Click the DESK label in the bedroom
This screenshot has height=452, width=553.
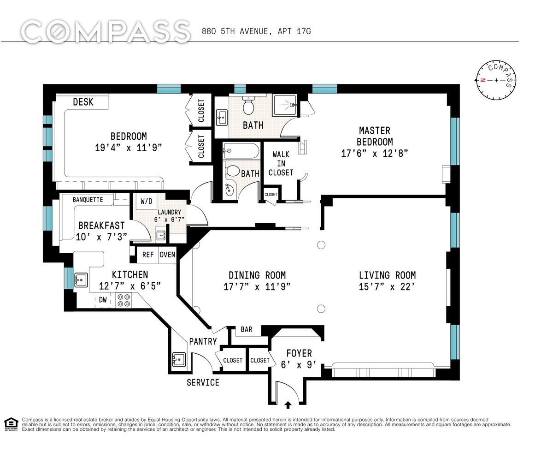pos(83,102)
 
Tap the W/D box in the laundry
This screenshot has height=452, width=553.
pos(146,202)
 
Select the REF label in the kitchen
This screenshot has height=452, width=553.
pos(148,255)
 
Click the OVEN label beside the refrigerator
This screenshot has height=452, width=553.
pos(167,255)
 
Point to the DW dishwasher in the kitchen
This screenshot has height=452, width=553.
pos(103,300)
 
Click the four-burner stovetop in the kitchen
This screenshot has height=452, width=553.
pos(124,300)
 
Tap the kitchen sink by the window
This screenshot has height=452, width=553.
pos(81,280)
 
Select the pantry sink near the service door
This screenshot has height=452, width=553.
pos(179,359)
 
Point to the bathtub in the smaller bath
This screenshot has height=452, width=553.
pos(241,151)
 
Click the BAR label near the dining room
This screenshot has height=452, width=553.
pos(247,329)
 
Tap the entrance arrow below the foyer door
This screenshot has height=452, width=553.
pos(288,405)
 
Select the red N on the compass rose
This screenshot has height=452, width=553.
pos(482,80)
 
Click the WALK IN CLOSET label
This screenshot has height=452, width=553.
pos(281,164)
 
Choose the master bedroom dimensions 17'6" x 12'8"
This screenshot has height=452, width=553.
pos(375,153)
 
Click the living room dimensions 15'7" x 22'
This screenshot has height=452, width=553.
pos(387,286)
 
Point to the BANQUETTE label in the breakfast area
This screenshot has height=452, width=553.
pos(88,200)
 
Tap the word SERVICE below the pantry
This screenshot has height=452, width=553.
pos(203,382)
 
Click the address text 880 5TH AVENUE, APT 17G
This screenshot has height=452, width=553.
pos(256,31)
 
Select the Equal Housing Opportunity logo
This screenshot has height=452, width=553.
pos(11,423)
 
